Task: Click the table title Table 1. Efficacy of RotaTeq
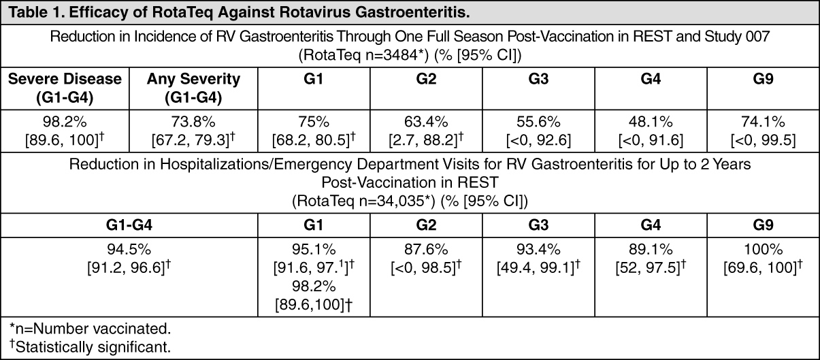pos(239,12)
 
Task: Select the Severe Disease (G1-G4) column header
pos(65,88)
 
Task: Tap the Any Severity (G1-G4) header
pos(193,88)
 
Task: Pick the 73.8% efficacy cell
pos(193,131)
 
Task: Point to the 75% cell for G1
pos(314,131)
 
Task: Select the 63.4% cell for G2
pos(426,131)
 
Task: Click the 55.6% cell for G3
pos(538,131)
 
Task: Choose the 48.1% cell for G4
pos(651,131)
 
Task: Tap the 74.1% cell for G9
pos(764,131)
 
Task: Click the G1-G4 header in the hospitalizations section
pos(129,225)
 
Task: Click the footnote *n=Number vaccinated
pos(90,329)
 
